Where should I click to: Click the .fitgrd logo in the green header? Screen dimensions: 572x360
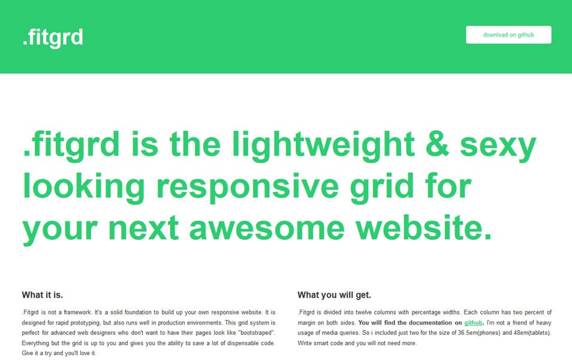53,38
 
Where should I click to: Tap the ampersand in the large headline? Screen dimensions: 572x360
437,144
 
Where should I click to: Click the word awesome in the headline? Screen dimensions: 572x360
267,228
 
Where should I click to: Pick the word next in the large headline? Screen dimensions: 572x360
143,227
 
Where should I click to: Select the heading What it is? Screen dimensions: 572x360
43,295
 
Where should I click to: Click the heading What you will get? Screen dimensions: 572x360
334,295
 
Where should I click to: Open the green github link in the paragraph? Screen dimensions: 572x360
473,323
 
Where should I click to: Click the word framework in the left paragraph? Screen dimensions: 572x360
78,313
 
